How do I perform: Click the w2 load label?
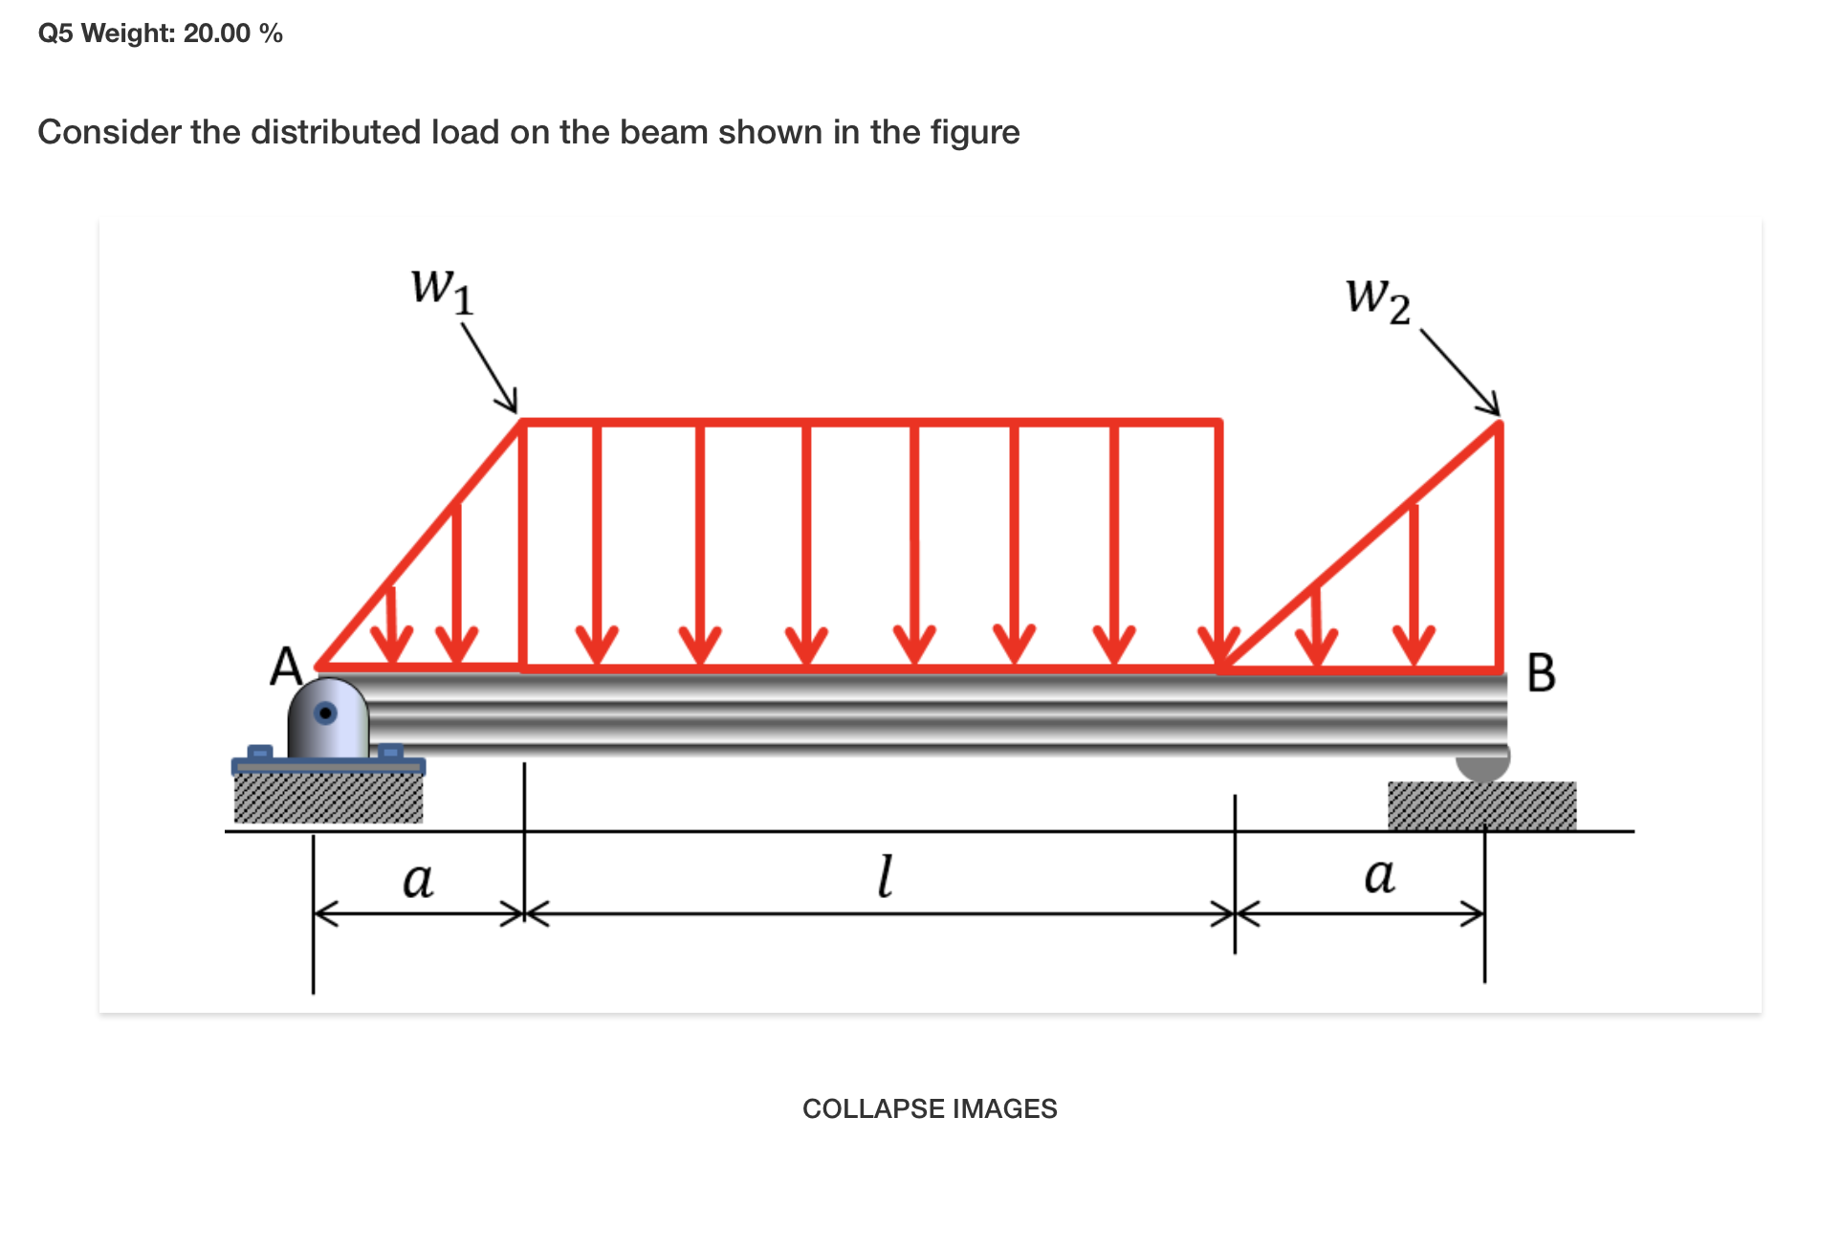click(1377, 299)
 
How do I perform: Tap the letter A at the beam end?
click(286, 667)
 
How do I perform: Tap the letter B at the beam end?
click(1541, 672)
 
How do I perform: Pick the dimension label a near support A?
click(418, 879)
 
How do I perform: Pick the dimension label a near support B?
click(1379, 875)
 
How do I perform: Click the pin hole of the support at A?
click(326, 712)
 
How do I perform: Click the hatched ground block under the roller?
click(1481, 805)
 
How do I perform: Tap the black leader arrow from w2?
click(1460, 372)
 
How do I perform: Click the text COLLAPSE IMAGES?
click(930, 1108)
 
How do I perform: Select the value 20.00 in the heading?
click(217, 33)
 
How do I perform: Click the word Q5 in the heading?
click(55, 33)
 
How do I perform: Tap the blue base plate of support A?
click(328, 766)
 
